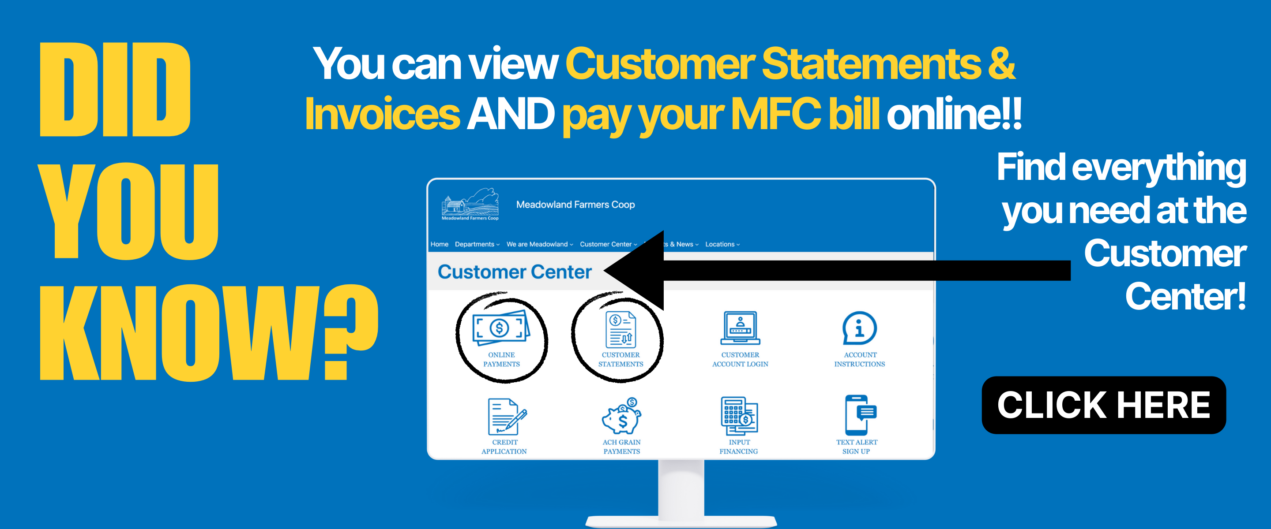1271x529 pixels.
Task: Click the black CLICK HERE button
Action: coord(1103,405)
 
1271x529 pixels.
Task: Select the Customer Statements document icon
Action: coord(620,329)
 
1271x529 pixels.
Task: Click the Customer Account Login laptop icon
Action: coord(740,328)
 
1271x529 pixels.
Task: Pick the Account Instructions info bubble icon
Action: coord(860,328)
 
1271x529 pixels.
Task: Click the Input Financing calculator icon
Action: coord(739,416)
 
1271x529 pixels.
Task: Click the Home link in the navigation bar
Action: coord(439,245)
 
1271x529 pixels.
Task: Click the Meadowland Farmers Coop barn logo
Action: coord(470,204)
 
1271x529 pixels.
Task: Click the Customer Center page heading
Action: coord(514,272)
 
